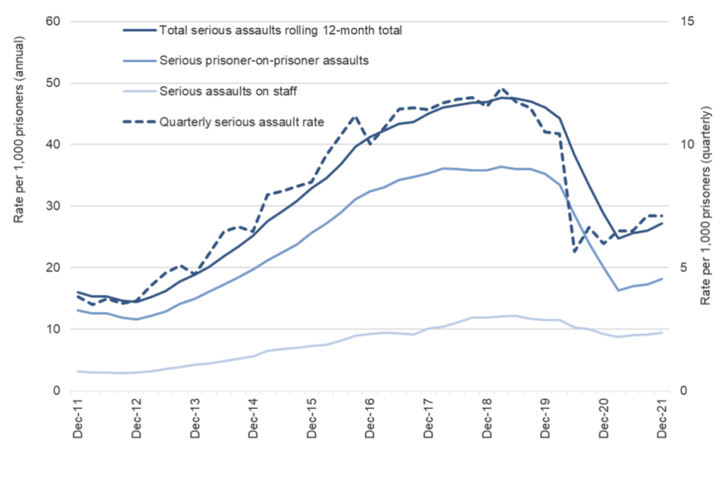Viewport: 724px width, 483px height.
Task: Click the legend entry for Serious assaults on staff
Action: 229,91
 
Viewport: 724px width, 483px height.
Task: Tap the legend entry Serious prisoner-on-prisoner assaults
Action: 264,61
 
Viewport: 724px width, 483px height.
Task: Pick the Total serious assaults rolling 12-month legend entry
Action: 281,31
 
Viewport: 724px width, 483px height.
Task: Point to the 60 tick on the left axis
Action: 53,21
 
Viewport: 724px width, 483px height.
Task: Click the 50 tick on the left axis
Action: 53,83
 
